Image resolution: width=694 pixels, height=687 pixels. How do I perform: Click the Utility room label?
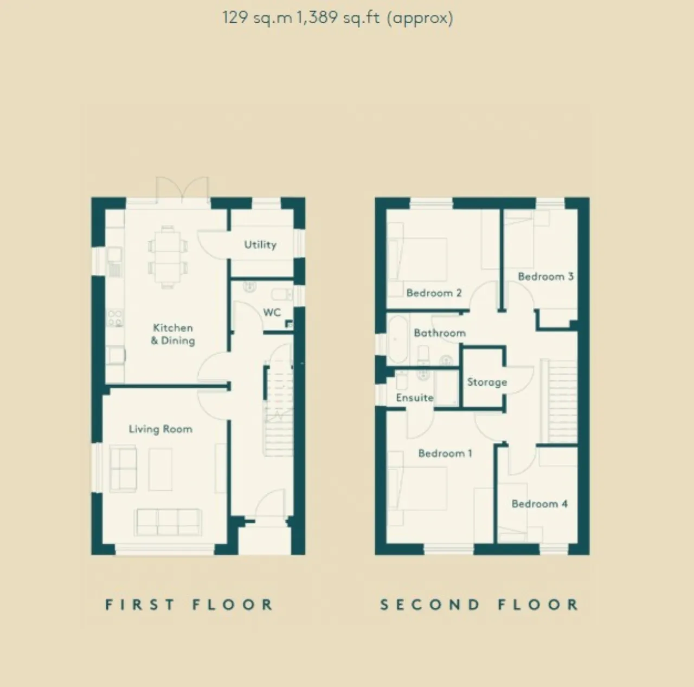(x=260, y=245)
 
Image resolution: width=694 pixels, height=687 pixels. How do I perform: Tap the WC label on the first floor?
(x=272, y=312)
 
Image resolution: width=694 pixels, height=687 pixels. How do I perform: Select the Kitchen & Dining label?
(x=173, y=334)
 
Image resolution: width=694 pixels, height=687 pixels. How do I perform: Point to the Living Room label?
(x=160, y=429)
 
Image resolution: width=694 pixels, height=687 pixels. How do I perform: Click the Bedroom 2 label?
(x=434, y=293)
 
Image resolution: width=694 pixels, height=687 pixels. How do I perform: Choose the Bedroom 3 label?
(x=545, y=277)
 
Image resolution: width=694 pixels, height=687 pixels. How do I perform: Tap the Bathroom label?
(x=439, y=333)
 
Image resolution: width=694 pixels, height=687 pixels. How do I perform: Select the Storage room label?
(x=487, y=382)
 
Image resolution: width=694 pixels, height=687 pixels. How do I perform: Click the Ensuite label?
(x=415, y=397)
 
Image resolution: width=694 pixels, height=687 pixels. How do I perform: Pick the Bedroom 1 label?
(x=445, y=453)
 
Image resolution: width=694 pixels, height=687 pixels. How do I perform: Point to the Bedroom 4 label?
(x=539, y=504)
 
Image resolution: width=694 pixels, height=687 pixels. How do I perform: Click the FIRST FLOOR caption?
(x=189, y=605)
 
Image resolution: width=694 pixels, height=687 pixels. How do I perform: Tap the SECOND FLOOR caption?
(x=479, y=605)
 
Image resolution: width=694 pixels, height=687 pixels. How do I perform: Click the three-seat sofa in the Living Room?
(x=168, y=522)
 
